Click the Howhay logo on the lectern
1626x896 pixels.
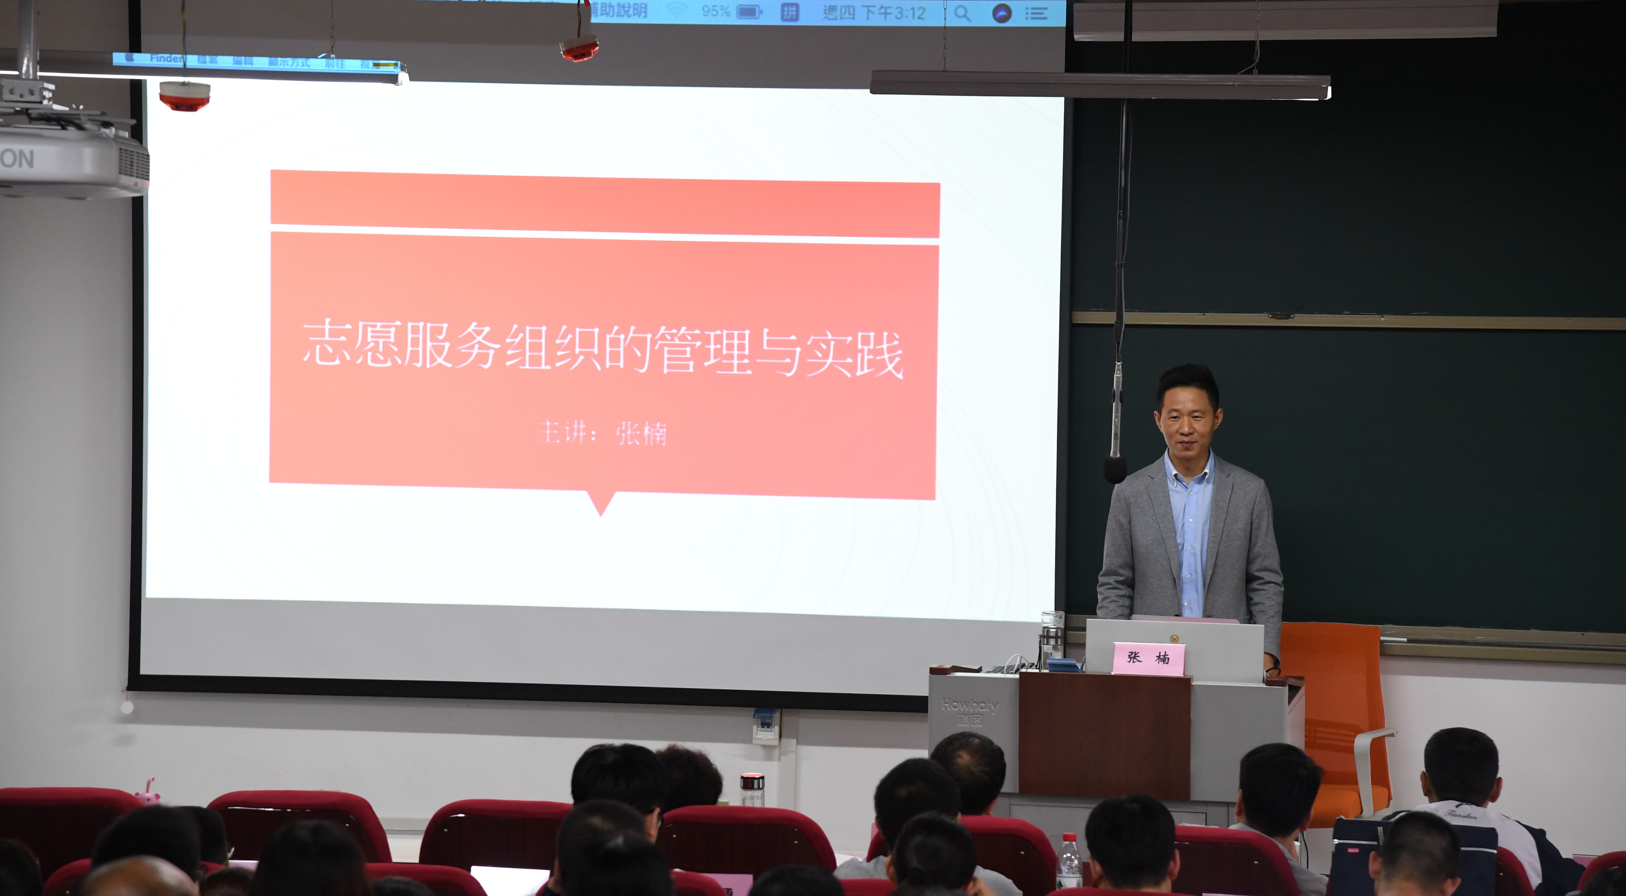point(970,705)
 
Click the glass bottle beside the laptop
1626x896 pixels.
point(1052,637)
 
